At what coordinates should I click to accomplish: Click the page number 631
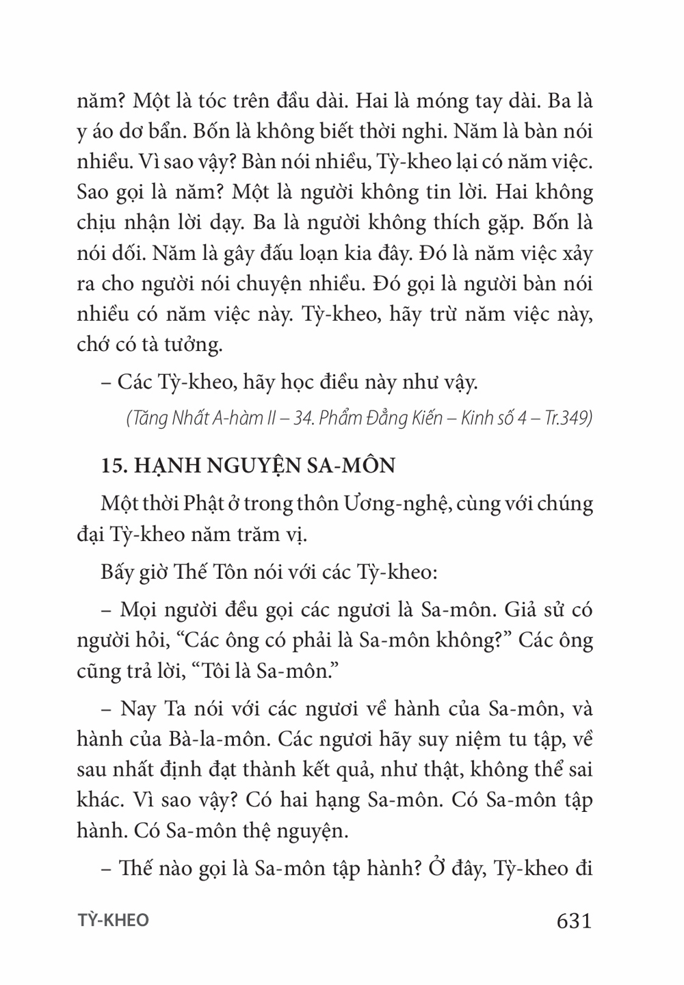(x=574, y=921)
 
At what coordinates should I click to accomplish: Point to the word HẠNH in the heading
(x=162, y=466)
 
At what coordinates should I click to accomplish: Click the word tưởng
(x=191, y=344)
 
